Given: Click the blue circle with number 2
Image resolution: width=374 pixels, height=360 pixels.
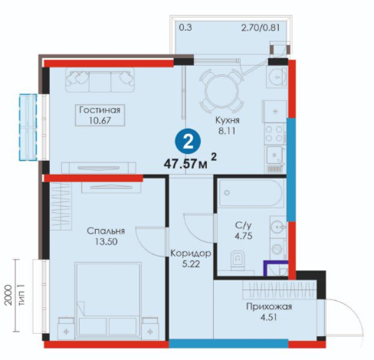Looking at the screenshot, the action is tap(188, 142).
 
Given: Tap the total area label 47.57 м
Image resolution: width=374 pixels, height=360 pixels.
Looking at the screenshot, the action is tap(185, 164).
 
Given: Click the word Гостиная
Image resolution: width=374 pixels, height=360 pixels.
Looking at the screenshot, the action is tap(100, 110).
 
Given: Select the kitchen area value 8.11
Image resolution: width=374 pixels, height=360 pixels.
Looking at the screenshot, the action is tap(226, 131).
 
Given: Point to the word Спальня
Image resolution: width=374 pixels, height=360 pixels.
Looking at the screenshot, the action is tap(106, 231).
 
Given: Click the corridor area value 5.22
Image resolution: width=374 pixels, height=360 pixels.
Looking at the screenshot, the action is tap(191, 264).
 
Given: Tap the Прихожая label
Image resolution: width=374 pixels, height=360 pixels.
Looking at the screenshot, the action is tap(269, 306).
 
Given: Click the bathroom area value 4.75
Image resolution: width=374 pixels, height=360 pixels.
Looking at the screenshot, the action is tap(244, 236).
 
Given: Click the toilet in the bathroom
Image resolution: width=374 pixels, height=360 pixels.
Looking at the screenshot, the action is tap(237, 260).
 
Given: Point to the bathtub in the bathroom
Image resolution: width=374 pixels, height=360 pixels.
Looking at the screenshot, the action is tap(251, 193).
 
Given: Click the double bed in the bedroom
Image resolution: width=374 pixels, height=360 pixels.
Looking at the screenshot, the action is tap(108, 300).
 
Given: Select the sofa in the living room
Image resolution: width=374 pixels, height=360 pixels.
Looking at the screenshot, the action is tap(100, 80).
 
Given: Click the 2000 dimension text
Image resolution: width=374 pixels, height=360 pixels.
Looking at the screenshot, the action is tap(8, 295).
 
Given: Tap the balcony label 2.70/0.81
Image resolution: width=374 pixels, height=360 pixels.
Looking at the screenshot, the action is tap(261, 28).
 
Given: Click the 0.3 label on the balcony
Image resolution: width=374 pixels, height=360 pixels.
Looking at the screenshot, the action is tap(185, 28).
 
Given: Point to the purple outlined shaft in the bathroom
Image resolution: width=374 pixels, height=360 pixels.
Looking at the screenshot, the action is tap(276, 268).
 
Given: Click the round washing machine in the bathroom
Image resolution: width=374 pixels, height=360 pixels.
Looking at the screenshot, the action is tap(276, 249).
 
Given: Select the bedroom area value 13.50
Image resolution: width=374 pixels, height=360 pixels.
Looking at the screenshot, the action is tap(107, 241).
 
